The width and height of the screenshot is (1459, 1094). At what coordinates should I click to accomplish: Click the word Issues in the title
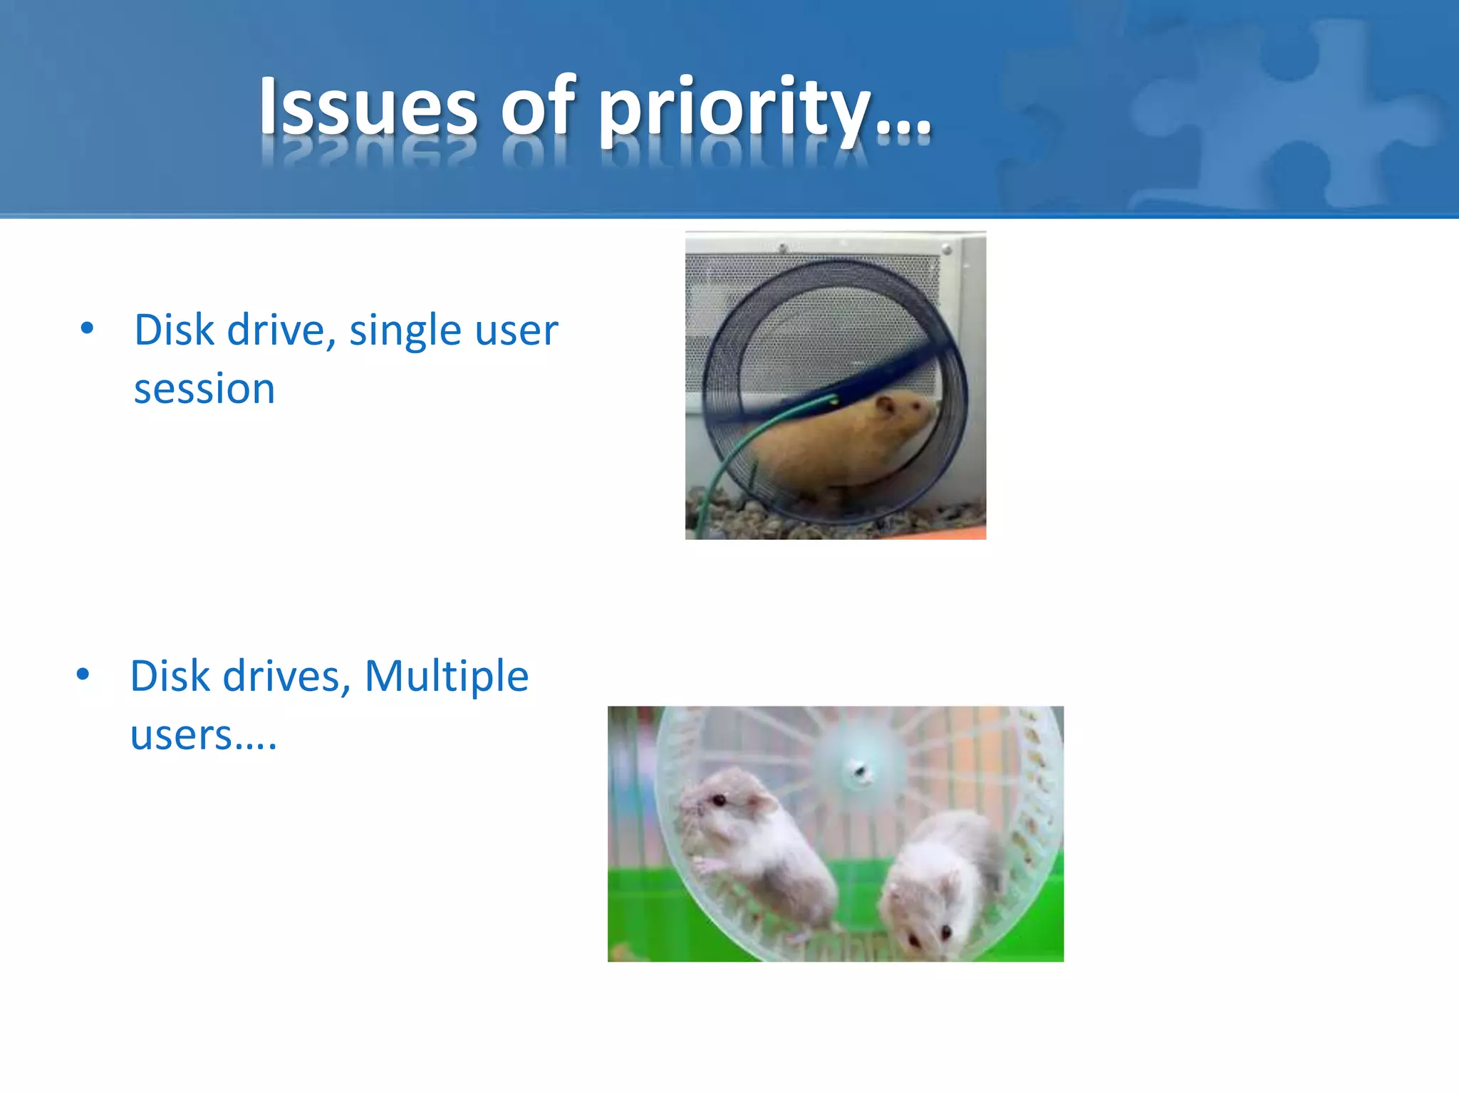368,107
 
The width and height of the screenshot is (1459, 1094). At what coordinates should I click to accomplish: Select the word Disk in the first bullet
175,330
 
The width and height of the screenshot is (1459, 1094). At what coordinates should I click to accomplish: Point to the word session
204,390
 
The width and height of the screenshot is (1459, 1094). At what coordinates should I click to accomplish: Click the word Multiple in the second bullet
446,676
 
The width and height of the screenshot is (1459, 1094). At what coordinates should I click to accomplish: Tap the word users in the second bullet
182,735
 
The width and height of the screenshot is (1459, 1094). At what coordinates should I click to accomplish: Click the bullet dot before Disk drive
87,328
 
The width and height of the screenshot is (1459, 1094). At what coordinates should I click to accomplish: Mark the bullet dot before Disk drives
83,674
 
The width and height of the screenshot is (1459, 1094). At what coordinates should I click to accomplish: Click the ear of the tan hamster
886,407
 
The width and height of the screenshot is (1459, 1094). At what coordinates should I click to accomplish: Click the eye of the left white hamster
720,801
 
